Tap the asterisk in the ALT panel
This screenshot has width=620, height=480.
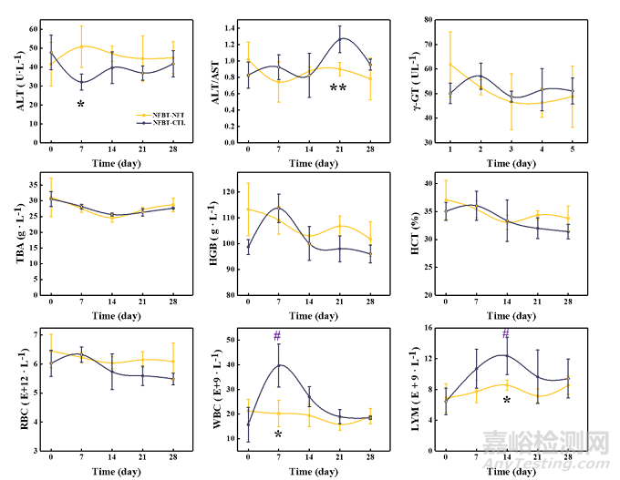pyautogui.click(x=80, y=105)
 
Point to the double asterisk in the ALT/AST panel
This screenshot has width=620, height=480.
pyautogui.click(x=337, y=88)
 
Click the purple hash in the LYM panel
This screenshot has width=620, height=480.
pyautogui.click(x=506, y=334)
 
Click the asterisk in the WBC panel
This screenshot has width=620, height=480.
pyautogui.click(x=278, y=435)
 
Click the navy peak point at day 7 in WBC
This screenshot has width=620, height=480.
pyautogui.click(x=278, y=365)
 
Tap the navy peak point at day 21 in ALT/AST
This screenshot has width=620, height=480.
pyautogui.click(x=339, y=39)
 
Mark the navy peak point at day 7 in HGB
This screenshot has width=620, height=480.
pyautogui.click(x=278, y=208)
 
